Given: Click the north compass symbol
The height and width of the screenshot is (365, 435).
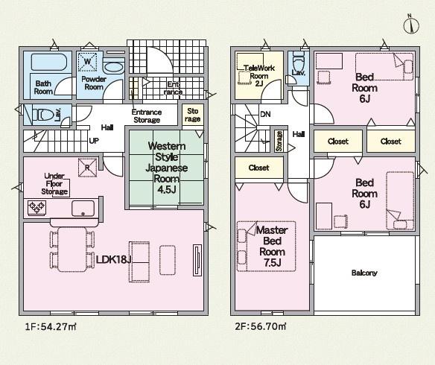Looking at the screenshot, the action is click(411, 25).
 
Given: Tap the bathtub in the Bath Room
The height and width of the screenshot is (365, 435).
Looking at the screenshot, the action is click(49, 62).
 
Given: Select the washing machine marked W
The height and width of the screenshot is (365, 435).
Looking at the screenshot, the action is click(87, 61).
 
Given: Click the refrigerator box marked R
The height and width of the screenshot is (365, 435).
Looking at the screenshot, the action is click(88, 168).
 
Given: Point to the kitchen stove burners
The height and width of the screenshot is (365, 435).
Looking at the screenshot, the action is click(36, 207).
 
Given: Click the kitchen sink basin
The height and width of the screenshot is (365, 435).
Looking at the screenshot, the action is click(83, 208).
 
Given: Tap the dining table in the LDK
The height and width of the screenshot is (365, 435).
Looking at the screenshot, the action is click(72, 250).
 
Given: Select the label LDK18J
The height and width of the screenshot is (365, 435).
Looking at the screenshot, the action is click(114, 259).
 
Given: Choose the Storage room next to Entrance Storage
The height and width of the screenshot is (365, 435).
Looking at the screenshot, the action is click(193, 115).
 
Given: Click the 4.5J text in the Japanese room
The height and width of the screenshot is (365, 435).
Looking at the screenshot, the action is click(167, 189).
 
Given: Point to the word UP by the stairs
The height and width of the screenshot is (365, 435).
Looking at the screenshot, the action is click(94, 141).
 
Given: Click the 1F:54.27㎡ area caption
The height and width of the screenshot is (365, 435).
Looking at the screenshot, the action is click(51, 327).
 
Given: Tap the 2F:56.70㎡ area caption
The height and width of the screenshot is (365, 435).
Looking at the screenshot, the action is click(261, 326).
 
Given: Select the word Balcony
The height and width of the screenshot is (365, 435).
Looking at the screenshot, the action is click(364, 273).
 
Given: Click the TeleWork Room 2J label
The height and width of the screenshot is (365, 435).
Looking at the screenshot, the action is click(259, 75).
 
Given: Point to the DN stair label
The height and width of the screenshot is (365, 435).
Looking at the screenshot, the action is click(265, 114).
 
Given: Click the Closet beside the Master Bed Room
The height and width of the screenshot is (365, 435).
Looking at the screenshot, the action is click(259, 168).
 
